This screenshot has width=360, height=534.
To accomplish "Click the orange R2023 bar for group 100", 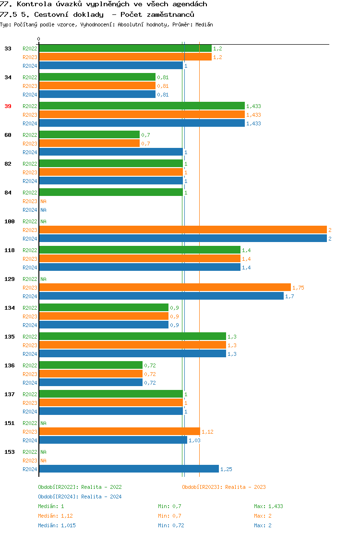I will (x=182, y=230).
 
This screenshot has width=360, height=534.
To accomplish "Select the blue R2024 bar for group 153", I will (x=129, y=469).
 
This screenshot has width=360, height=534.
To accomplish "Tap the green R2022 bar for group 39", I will (x=142, y=106).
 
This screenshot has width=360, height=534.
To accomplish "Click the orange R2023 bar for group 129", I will (x=165, y=288).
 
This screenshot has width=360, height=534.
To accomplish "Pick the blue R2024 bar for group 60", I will (x=110, y=152).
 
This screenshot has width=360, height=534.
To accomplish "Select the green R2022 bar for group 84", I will (x=110, y=193).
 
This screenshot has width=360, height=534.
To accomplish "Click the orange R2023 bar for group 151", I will (x=119, y=432).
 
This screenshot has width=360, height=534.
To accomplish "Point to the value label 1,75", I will (x=298, y=288).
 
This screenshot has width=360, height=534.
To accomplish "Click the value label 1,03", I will (x=194, y=440).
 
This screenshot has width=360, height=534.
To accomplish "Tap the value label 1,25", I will (x=226, y=469).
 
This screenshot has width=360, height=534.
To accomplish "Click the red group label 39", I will (x=8, y=106).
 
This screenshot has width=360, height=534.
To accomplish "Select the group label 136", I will (x=9, y=365).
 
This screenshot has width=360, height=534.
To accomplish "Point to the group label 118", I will (x=9, y=250).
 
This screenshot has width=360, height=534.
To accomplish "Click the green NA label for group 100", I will (x=43, y=221).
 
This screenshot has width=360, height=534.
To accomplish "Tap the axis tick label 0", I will (x=39, y=39).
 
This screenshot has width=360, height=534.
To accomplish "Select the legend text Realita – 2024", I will (x=101, y=497).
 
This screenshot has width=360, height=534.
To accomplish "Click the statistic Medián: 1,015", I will (x=57, y=525).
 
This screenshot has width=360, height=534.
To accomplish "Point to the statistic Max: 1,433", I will (x=268, y=506).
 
